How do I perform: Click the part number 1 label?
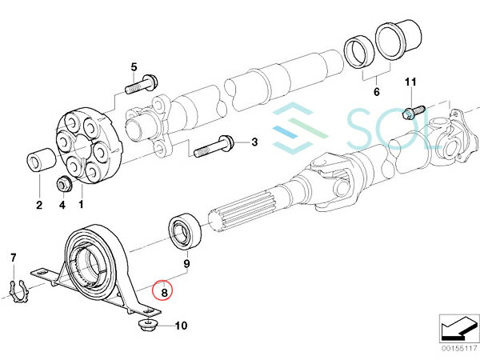click(x=79, y=205)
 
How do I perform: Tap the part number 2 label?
click(x=38, y=205)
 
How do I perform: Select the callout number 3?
click(x=255, y=143)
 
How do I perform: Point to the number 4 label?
click(x=61, y=205)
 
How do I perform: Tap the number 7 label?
click(x=13, y=257)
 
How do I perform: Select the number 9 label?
click(x=186, y=263)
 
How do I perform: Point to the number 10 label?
click(x=180, y=326)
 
